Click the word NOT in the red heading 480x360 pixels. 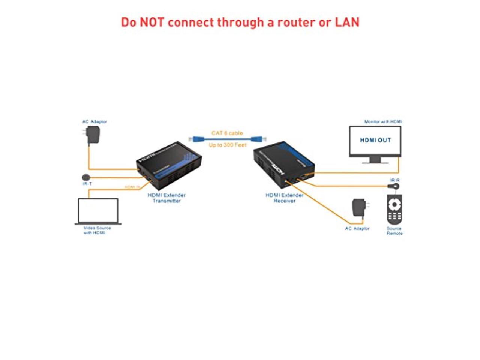[x=152, y=22]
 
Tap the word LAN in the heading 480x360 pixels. [x=347, y=22]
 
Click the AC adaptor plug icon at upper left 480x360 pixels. [x=92, y=135]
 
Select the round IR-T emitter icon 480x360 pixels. [x=86, y=177]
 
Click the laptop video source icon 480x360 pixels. [x=98, y=211]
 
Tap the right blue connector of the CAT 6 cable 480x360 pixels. [x=257, y=139]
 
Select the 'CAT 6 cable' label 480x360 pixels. [x=227, y=133]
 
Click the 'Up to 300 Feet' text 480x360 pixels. [x=228, y=145]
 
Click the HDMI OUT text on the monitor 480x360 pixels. [x=375, y=140]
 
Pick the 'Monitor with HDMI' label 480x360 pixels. [x=383, y=121]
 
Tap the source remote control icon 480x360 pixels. [x=394, y=209]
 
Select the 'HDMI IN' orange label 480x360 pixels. [x=132, y=187]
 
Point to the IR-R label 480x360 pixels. [x=395, y=180]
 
